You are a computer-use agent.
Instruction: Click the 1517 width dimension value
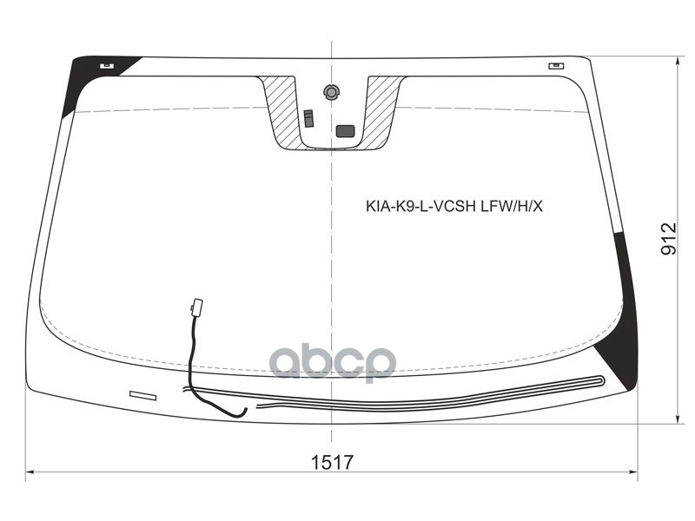pos(333,463)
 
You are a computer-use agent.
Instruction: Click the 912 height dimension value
pos(667,239)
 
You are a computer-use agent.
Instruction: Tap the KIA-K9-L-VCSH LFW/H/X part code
pos(453,207)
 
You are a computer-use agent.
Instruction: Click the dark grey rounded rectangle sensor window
pos(346,131)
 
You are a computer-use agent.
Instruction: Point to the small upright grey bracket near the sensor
pos(308,118)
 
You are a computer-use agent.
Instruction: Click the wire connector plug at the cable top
pos(196,307)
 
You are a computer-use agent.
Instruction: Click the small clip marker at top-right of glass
pos(554,65)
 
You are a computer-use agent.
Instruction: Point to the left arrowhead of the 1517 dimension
pos(29,473)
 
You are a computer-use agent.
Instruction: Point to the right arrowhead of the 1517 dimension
pos(635,473)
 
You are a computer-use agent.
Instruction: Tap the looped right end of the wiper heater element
pos(600,379)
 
